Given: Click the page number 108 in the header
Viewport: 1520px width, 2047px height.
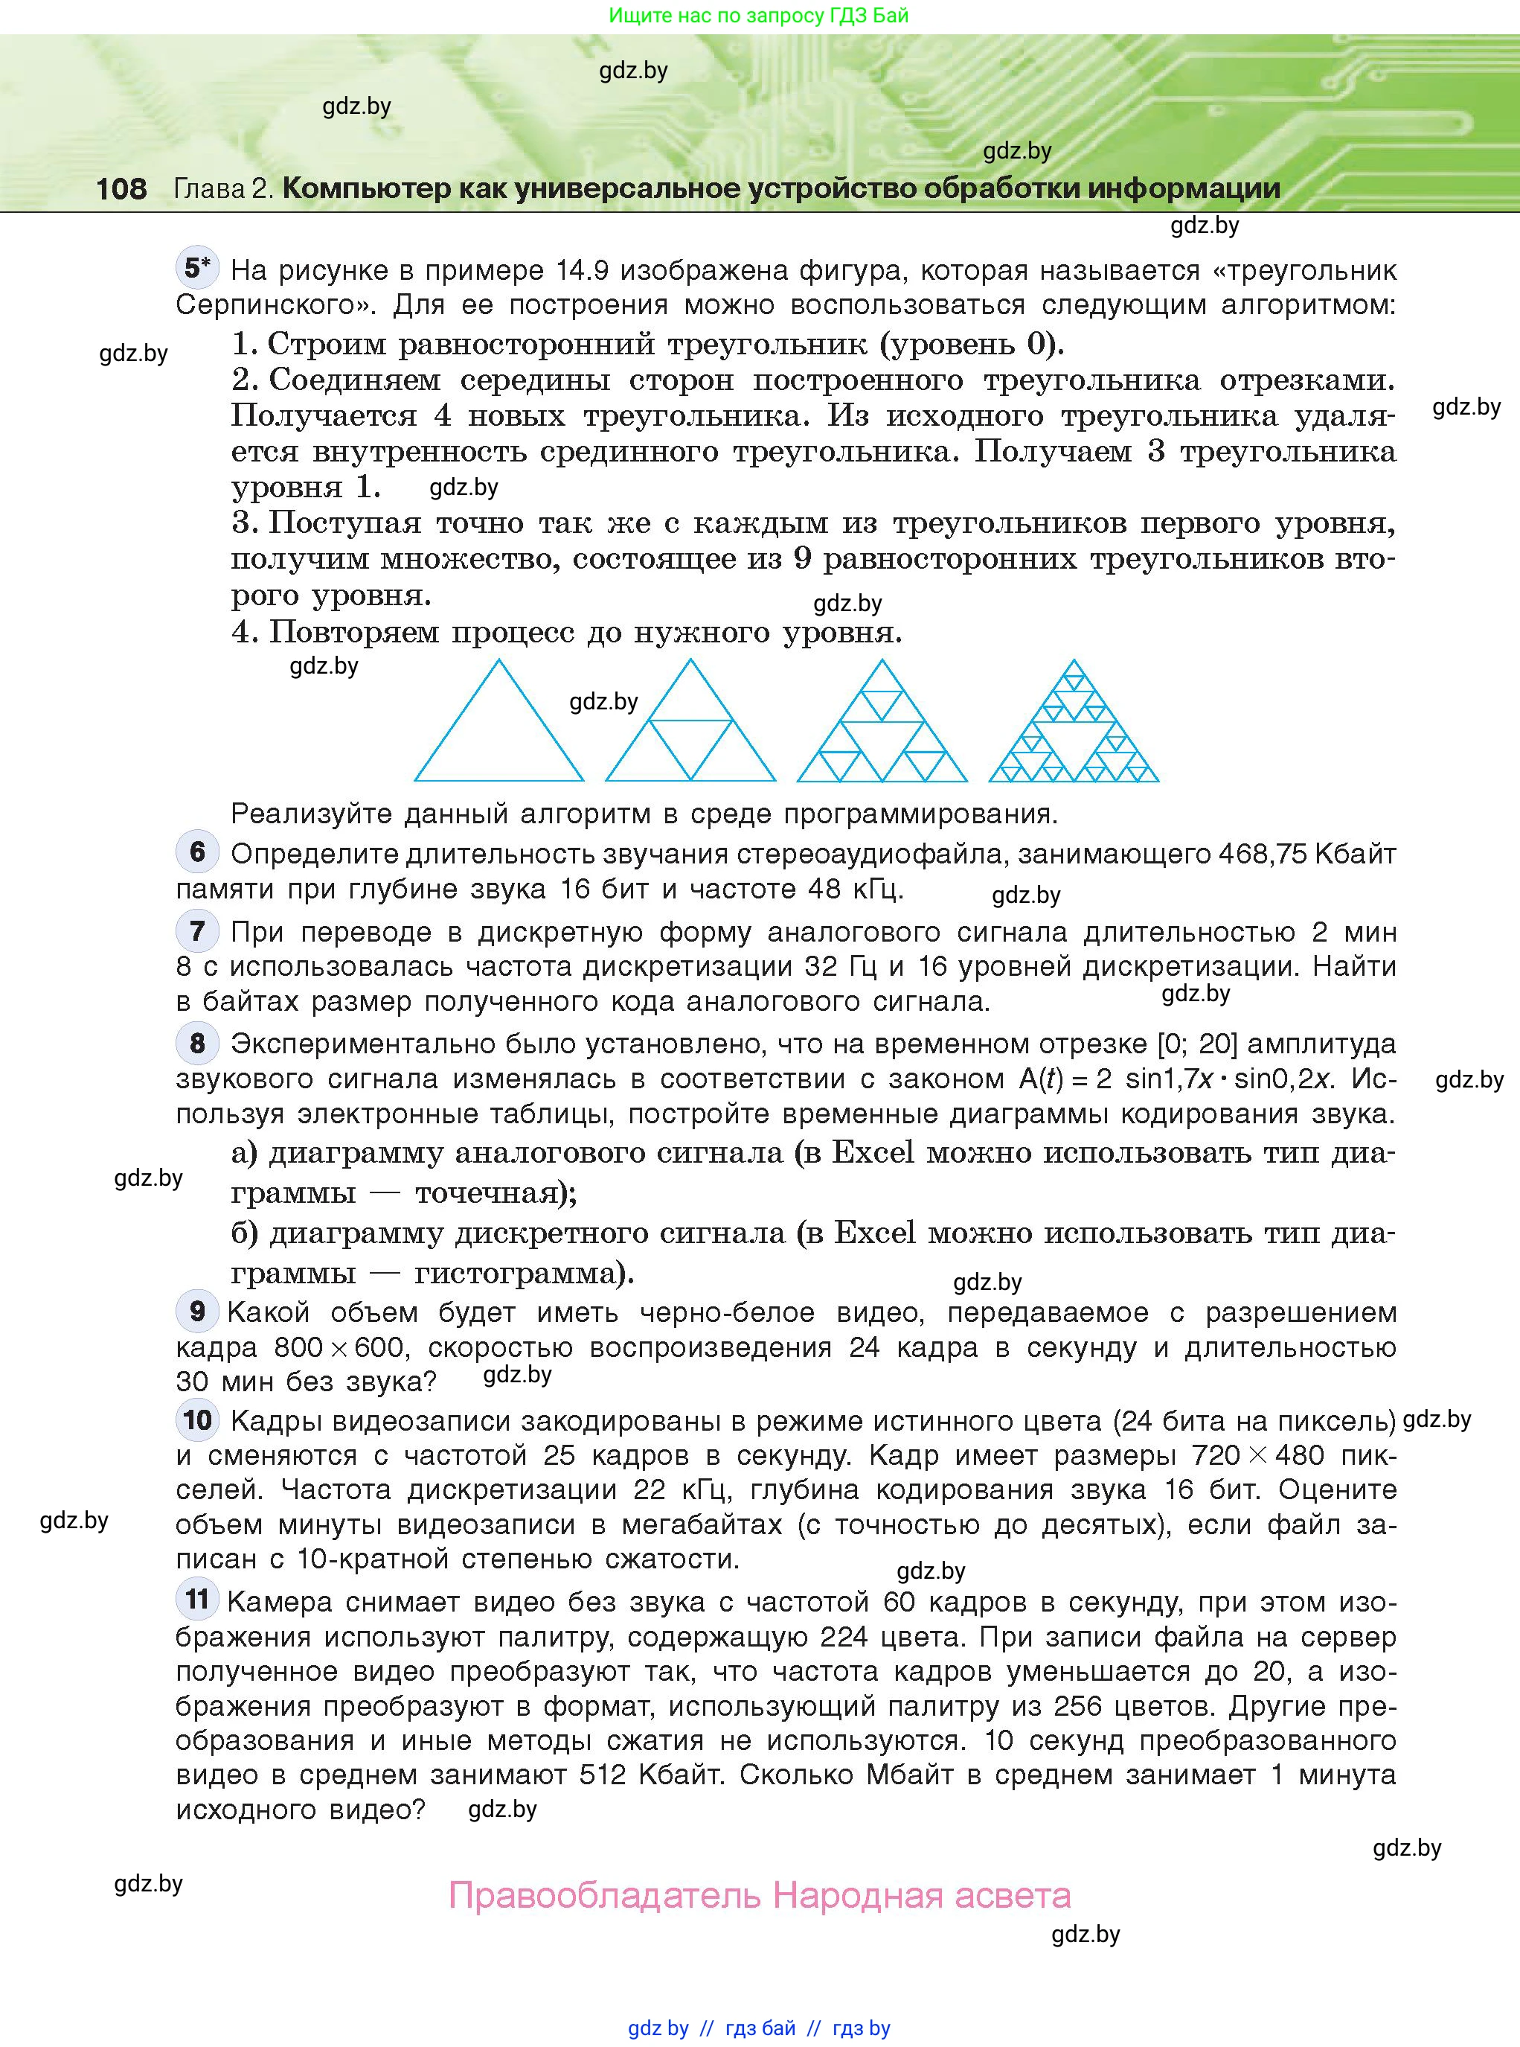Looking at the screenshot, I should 121,188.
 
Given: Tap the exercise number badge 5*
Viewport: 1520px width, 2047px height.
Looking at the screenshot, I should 197,268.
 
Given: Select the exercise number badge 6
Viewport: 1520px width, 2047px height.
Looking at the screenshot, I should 197,852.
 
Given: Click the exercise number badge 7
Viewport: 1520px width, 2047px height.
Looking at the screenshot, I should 197,930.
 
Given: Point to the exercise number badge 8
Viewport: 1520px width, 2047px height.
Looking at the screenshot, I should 197,1043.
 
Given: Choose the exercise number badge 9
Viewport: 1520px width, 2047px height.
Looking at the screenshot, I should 197,1311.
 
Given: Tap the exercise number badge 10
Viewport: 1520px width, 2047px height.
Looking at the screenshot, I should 197,1420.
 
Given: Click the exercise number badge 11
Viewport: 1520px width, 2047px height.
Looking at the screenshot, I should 197,1599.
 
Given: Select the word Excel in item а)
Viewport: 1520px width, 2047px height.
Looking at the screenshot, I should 872,1152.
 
